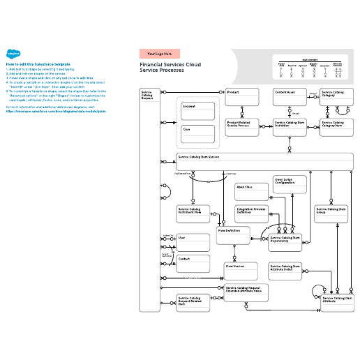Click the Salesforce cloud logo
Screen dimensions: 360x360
13,52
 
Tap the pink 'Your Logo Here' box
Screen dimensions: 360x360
160,53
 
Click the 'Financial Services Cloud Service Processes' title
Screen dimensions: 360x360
165,67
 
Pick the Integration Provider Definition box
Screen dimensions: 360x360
252,213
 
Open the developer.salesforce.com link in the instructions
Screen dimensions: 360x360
56,110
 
